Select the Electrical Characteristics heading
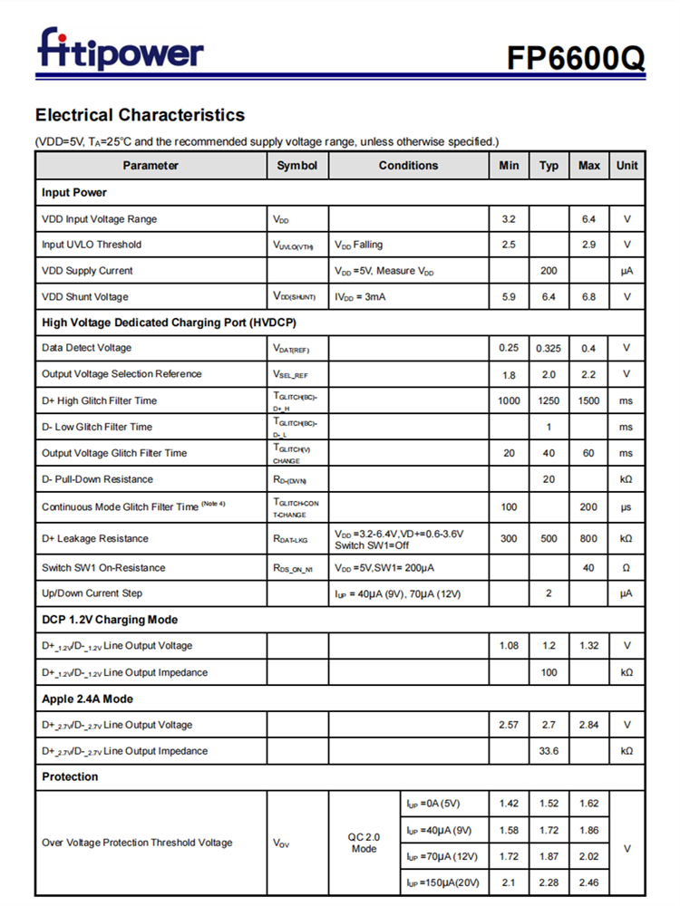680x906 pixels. (140, 115)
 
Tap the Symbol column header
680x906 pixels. (297, 166)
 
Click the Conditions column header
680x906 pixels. (408, 166)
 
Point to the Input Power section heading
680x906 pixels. (74, 192)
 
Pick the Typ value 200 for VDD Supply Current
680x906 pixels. (549, 271)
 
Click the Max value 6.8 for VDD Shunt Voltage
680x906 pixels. (588, 297)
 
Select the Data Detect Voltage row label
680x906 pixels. (86, 348)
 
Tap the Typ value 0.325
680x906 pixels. (549, 348)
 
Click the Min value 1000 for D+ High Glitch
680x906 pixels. (509, 400)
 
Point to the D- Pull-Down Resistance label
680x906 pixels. (97, 479)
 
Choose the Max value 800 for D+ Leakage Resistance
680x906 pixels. (588, 539)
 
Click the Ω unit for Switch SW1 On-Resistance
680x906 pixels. (627, 568)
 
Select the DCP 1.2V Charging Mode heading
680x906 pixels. (110, 620)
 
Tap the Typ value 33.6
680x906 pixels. (549, 751)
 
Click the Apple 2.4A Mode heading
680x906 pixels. (88, 699)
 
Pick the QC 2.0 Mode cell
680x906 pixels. (364, 843)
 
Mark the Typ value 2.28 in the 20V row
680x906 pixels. (549, 882)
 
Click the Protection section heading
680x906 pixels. (70, 777)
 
